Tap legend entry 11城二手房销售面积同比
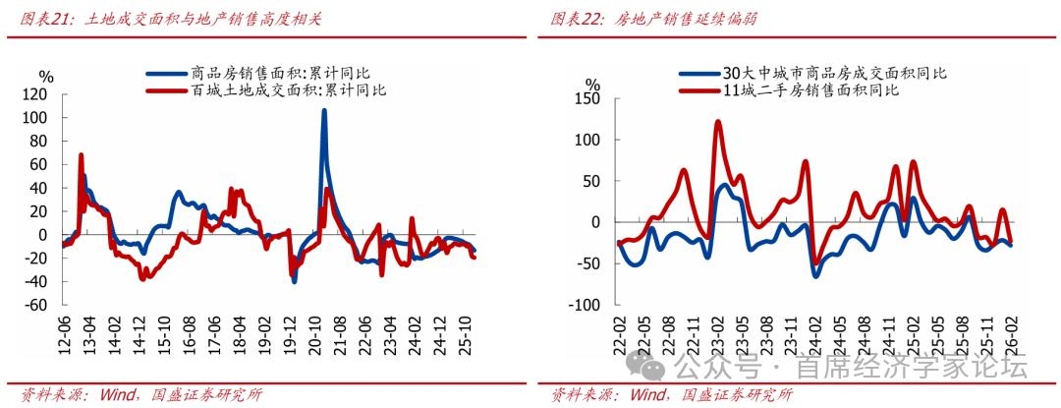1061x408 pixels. (810, 90)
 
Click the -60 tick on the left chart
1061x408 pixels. (36, 305)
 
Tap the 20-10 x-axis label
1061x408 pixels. (315, 339)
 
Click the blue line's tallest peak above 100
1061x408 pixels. (324, 110)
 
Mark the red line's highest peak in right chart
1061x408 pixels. (717, 122)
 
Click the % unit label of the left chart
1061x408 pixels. (45, 77)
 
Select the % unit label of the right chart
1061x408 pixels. (591, 85)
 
